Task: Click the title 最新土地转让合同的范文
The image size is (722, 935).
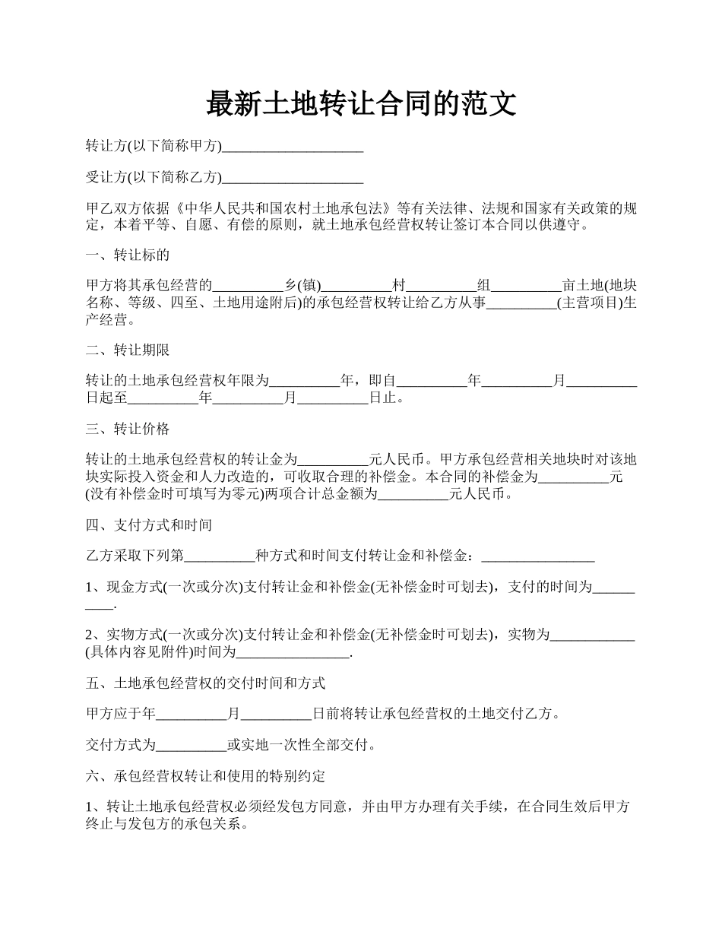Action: tap(361, 104)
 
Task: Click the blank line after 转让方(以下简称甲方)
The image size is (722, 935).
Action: tap(293, 147)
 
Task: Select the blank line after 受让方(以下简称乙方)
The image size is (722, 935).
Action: tap(293, 178)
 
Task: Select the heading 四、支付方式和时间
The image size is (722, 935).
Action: tap(149, 525)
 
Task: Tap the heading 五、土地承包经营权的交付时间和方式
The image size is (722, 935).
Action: tap(206, 683)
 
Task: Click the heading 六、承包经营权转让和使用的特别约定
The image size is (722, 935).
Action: tap(206, 777)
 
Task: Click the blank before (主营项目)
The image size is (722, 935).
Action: tap(521, 303)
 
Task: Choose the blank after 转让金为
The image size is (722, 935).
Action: tap(333, 461)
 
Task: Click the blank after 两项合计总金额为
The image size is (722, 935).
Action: tap(413, 494)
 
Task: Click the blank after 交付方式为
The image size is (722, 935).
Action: tap(192, 746)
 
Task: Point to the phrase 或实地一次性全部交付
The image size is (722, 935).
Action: tap(297, 746)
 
